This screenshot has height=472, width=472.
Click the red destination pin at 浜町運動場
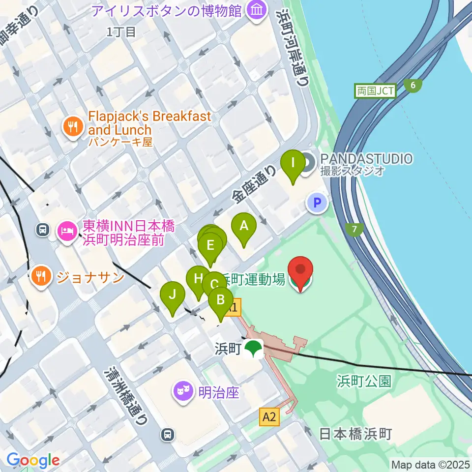point(300,273)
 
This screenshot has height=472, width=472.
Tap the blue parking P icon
point(317,202)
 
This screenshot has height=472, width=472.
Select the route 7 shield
point(354,229)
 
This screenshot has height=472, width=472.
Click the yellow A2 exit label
point(269,418)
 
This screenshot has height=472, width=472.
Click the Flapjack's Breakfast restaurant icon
point(73,127)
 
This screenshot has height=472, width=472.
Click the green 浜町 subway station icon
point(254,349)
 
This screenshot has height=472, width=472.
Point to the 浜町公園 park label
point(364,381)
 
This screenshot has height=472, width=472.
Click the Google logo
point(33,460)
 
